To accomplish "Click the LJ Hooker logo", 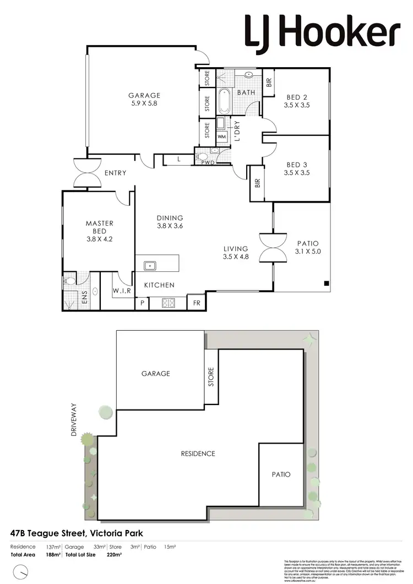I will (x=322, y=31).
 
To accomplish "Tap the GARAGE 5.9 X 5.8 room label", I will (x=145, y=99).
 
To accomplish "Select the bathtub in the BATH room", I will (x=224, y=101).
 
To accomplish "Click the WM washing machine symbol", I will (x=222, y=137).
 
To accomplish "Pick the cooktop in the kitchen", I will (x=168, y=302).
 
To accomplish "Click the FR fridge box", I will (x=196, y=302).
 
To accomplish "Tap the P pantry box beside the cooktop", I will (x=142, y=302).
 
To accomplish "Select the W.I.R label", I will (x=122, y=291).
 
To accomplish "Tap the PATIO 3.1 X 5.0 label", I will (x=307, y=247).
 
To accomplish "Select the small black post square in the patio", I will (x=327, y=284).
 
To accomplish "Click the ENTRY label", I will (x=115, y=173).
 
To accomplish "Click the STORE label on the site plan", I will (x=211, y=377).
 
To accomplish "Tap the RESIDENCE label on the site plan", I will (x=198, y=454).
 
